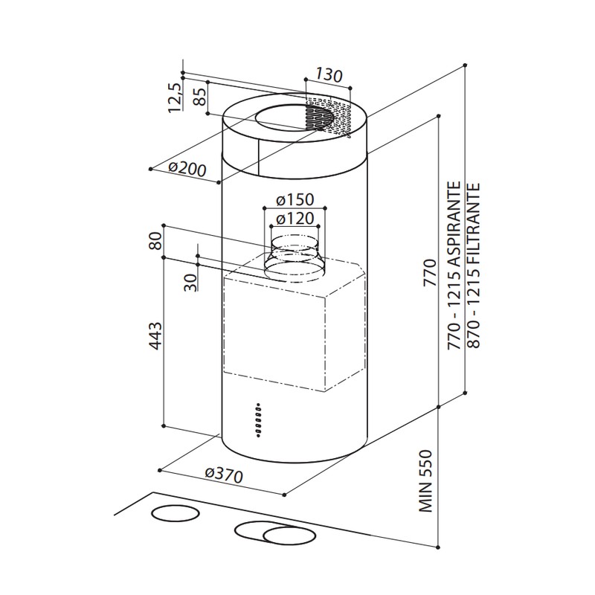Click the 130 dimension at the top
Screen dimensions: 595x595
pyautogui.click(x=329, y=75)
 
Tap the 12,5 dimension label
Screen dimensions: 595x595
pyautogui.click(x=175, y=97)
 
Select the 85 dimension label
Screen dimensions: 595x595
pyautogui.click(x=200, y=97)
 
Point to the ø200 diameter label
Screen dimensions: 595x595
pyautogui.click(x=187, y=169)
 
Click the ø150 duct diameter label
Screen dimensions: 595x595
pyautogui.click(x=295, y=199)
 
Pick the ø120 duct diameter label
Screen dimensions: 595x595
pyautogui.click(x=295, y=218)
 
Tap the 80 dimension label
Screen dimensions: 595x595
pyautogui.click(x=155, y=240)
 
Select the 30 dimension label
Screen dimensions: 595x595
pyautogui.click(x=190, y=283)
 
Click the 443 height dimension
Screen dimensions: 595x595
pyautogui.click(x=155, y=336)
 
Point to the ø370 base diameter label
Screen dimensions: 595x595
pyautogui.click(x=224, y=475)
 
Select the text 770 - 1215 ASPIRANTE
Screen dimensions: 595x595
pyautogui.click(x=454, y=266)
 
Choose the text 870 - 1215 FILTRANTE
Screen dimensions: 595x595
pyautogui.click(x=474, y=266)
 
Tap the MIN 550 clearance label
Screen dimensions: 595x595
pyautogui.click(x=425, y=481)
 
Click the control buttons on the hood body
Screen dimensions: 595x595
pyautogui.click(x=258, y=420)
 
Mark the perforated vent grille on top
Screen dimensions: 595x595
pyautogui.click(x=327, y=116)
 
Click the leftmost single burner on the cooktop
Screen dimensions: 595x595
pyautogui.click(x=175, y=513)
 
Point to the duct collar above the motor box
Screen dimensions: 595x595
pyautogui.click(x=295, y=259)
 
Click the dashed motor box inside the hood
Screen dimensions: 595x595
pyautogui.click(x=294, y=324)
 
